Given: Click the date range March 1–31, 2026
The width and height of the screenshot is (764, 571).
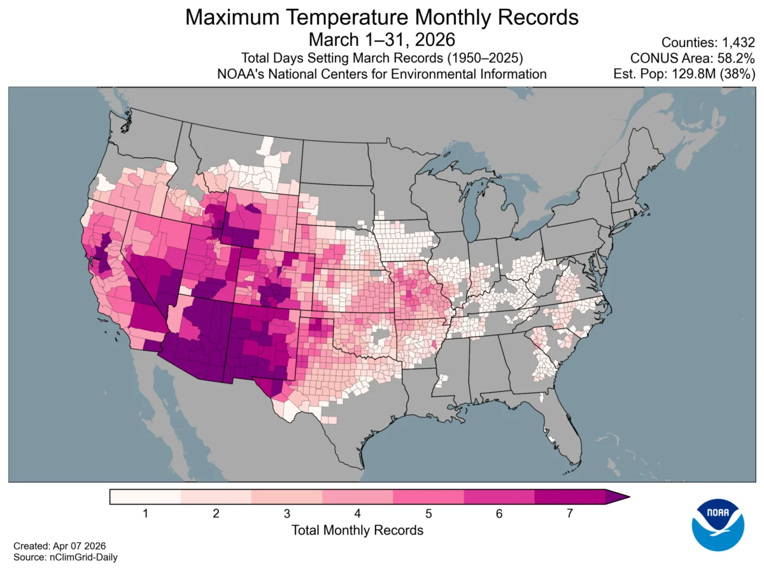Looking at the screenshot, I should click(x=381, y=40).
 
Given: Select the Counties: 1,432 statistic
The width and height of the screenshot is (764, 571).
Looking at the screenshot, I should click(x=708, y=43).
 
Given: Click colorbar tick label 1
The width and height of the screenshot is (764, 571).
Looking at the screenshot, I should click(x=145, y=513).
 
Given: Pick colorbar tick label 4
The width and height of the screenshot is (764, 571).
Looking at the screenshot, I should click(x=358, y=513).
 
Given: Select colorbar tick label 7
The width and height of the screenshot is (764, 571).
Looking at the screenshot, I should click(x=569, y=513).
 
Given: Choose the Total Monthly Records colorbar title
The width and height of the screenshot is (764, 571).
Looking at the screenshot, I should click(x=357, y=530).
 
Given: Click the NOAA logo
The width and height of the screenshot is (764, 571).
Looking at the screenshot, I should click(x=719, y=524).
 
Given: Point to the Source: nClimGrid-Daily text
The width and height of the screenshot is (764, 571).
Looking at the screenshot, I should click(x=66, y=557).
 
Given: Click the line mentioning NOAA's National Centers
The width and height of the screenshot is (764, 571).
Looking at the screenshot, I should click(x=381, y=74).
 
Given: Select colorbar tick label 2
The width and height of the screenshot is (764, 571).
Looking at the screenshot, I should click(x=216, y=513).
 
